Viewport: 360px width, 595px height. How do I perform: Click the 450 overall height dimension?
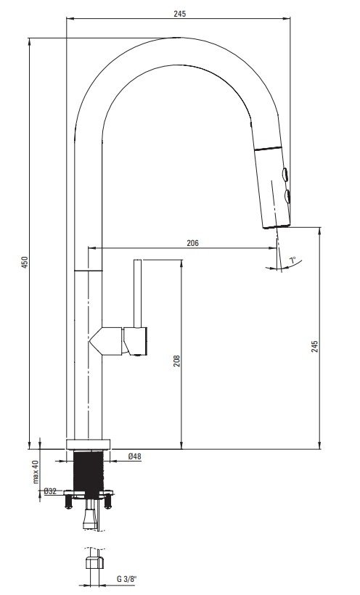[25, 262]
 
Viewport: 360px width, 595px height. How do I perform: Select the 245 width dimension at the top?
[180, 14]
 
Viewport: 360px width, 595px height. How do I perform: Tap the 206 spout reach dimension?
[192, 243]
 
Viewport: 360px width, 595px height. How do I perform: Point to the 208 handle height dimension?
[177, 361]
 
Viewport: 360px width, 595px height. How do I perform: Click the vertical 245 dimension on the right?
[315, 346]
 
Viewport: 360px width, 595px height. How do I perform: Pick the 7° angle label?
[292, 260]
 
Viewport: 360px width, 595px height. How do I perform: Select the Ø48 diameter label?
[134, 456]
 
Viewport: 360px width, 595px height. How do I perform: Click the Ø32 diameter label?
[50, 491]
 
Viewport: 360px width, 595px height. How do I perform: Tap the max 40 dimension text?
[36, 472]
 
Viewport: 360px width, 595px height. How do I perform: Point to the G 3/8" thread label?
[127, 579]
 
